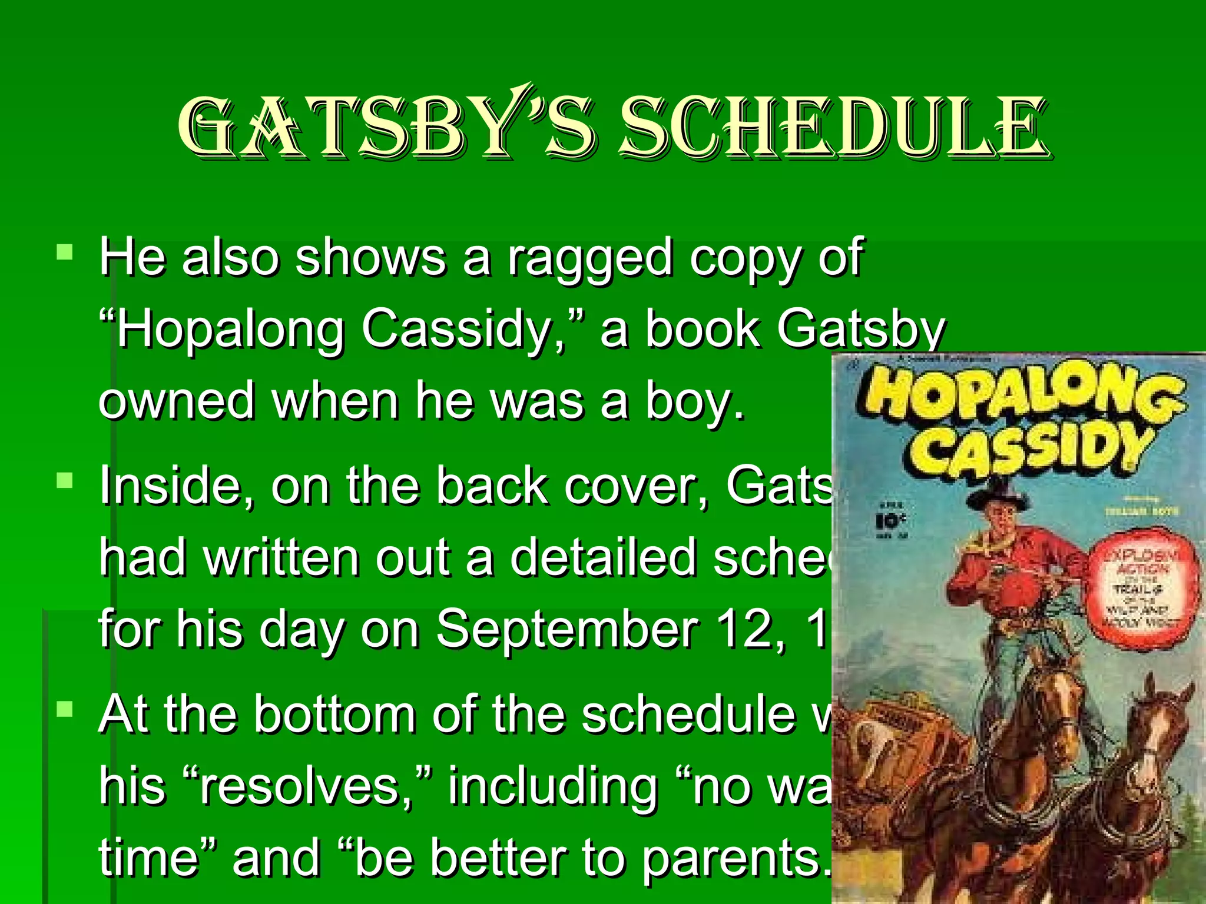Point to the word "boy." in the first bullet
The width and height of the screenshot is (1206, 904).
[695, 401]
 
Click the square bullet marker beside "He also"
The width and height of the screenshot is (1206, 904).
[64, 253]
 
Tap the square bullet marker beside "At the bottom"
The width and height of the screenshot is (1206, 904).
[64, 710]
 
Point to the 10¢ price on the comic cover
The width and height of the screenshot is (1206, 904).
[890, 520]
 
